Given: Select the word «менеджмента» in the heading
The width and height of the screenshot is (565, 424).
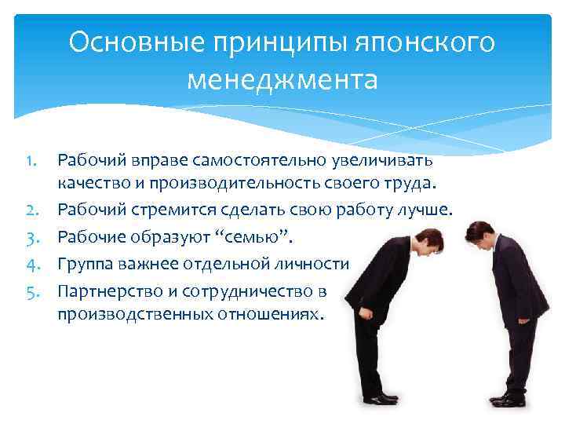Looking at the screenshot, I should coord(282,80).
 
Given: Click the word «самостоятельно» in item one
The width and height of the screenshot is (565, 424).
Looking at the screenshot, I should coord(261,161).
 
